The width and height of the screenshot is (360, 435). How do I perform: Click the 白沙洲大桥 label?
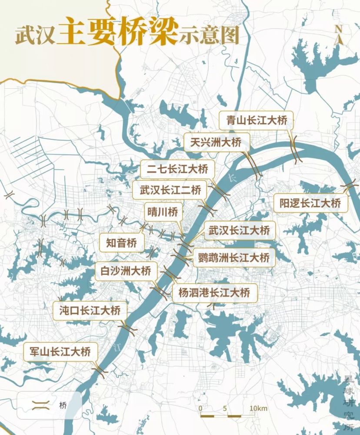(x=123, y=271)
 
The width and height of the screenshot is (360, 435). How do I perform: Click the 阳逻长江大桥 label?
(x=310, y=203)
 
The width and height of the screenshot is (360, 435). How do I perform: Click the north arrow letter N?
(x=339, y=29)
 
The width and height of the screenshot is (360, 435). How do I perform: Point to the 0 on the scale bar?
(x=200, y=408)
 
